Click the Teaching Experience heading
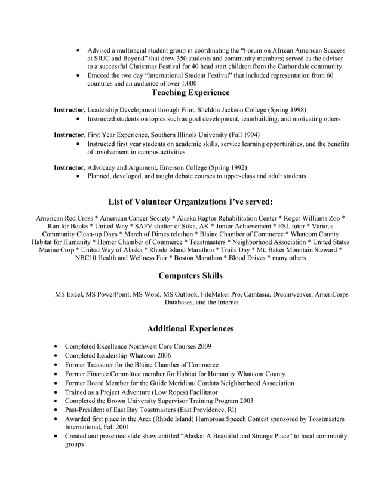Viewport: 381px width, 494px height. [x=190, y=93]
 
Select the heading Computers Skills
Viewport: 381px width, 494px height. [x=190, y=276]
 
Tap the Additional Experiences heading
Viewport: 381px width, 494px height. [x=190, y=328]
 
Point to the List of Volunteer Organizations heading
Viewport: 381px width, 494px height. [x=190, y=201]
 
